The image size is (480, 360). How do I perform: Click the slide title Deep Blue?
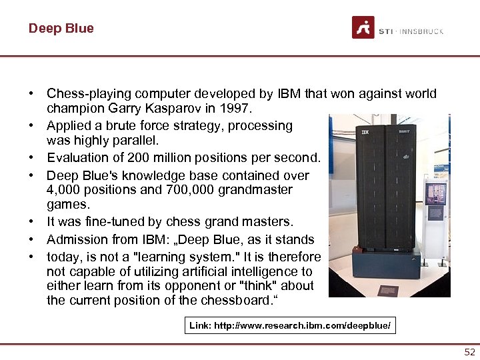pos(61,28)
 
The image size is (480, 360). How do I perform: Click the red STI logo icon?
pos(363,28)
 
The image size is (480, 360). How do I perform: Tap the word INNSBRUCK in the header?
pos(422,31)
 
